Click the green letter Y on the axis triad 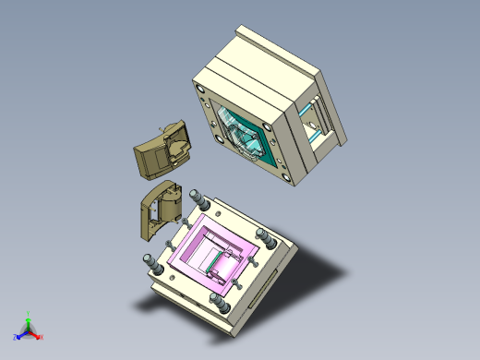(x=30, y=314)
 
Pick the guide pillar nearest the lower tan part (x=196, y=198)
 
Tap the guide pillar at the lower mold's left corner (x=149, y=261)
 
